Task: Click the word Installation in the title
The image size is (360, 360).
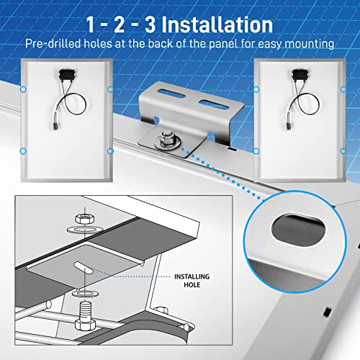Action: pyautogui.click(x=217, y=24)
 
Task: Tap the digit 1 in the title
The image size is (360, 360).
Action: pyautogui.click(x=90, y=24)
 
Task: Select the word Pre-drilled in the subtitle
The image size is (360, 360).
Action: pyautogui.click(x=53, y=44)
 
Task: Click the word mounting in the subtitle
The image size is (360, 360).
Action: pyautogui.click(x=310, y=44)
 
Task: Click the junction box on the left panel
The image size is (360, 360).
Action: pyautogui.click(x=67, y=74)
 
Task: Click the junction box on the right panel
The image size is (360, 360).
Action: pyautogui.click(x=300, y=74)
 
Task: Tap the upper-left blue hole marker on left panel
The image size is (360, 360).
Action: pyautogui.click(x=23, y=89)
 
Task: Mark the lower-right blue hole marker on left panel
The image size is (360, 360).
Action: pyautogui.click(x=110, y=151)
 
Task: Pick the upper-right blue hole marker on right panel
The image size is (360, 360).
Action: pyautogui.click(x=343, y=89)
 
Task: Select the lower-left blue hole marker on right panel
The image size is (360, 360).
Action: pyautogui.click(x=256, y=151)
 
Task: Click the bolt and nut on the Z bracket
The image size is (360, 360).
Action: pyautogui.click(x=167, y=141)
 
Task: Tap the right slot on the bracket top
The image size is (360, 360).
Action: pyautogui.click(x=213, y=105)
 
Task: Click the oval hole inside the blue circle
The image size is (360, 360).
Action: pyautogui.click(x=299, y=230)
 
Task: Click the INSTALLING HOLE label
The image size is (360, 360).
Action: pyautogui.click(x=192, y=281)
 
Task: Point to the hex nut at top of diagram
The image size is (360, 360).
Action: pyautogui.click(x=85, y=218)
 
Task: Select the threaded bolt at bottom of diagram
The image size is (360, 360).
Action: pyautogui.click(x=84, y=315)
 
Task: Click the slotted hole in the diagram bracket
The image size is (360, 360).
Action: pyautogui.click(x=84, y=268)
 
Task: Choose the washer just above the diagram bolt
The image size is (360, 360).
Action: pyautogui.click(x=85, y=293)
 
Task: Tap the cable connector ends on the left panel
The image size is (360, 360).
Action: pyautogui.click(x=55, y=126)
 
